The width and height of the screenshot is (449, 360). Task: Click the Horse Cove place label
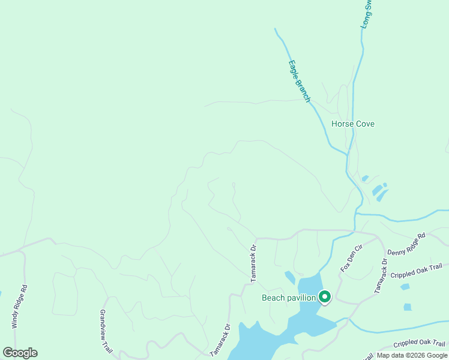coord(353,124)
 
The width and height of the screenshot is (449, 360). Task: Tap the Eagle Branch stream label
coord(299,80)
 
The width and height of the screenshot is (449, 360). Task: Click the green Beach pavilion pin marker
coord(325,296)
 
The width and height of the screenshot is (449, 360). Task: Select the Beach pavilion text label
coord(289,298)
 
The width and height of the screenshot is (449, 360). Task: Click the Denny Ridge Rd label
coord(406,244)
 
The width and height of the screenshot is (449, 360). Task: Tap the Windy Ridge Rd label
coord(19,306)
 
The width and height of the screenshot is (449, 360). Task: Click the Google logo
coord(20,353)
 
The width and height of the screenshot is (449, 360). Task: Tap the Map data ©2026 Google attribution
coord(412,355)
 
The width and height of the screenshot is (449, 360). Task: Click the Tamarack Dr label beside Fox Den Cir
coord(381,276)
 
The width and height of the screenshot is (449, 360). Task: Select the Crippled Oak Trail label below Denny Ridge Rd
coord(420,271)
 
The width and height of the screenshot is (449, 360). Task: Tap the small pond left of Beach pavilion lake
coord(290,277)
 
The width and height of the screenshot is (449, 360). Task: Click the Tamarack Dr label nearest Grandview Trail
coord(220,341)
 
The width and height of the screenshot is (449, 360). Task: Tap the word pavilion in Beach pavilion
coord(300,298)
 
